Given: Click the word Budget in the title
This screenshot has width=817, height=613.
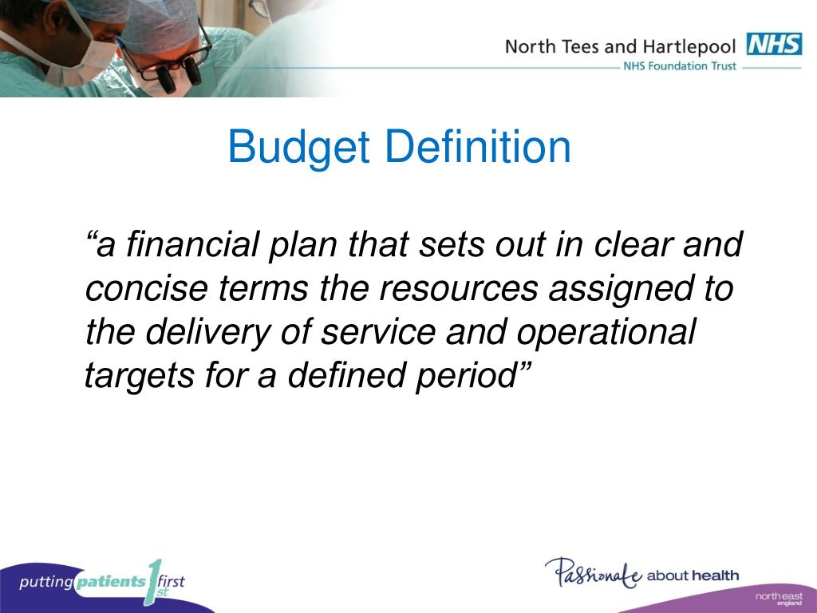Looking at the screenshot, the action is [x=299, y=148].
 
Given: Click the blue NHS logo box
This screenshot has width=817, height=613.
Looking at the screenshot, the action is [x=774, y=45].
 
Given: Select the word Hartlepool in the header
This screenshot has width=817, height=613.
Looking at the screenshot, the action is [x=689, y=47].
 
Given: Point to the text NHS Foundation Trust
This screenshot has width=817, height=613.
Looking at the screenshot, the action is [x=680, y=66].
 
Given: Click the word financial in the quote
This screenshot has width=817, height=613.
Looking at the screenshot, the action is [x=191, y=244].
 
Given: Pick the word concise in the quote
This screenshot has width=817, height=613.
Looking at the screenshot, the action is [x=147, y=289].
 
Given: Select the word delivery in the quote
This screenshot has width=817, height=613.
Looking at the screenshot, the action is [x=208, y=333].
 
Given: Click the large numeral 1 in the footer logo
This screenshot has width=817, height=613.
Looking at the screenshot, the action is [x=154, y=582].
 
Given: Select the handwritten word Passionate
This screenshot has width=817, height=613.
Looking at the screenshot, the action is [x=594, y=573].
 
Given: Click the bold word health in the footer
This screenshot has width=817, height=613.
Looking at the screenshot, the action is [x=716, y=575].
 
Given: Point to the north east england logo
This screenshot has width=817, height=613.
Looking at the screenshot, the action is [x=779, y=599].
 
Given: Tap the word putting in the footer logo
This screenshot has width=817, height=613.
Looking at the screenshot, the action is [x=45, y=582].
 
